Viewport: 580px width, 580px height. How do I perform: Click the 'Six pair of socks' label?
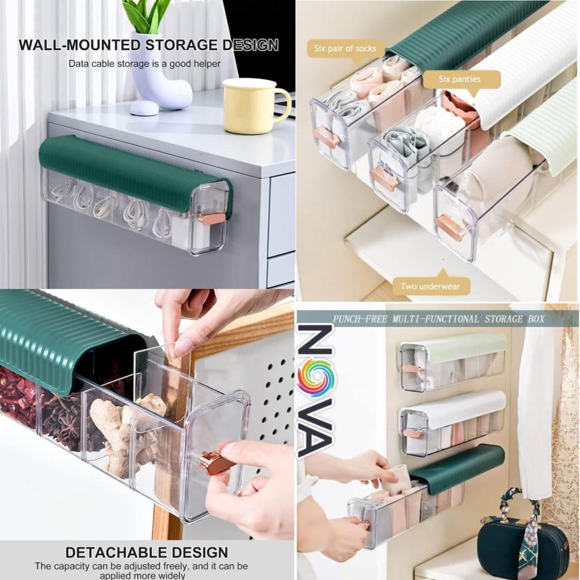click(345, 48)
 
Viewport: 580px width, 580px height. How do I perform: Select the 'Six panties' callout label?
click(459, 79)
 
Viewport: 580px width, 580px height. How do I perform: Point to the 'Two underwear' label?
click(430, 286)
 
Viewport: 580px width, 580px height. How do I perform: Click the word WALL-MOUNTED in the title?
click(80, 45)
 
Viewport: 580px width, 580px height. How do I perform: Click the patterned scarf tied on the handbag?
click(513, 508)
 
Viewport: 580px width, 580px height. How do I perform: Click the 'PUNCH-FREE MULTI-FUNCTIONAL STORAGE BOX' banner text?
click(438, 319)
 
